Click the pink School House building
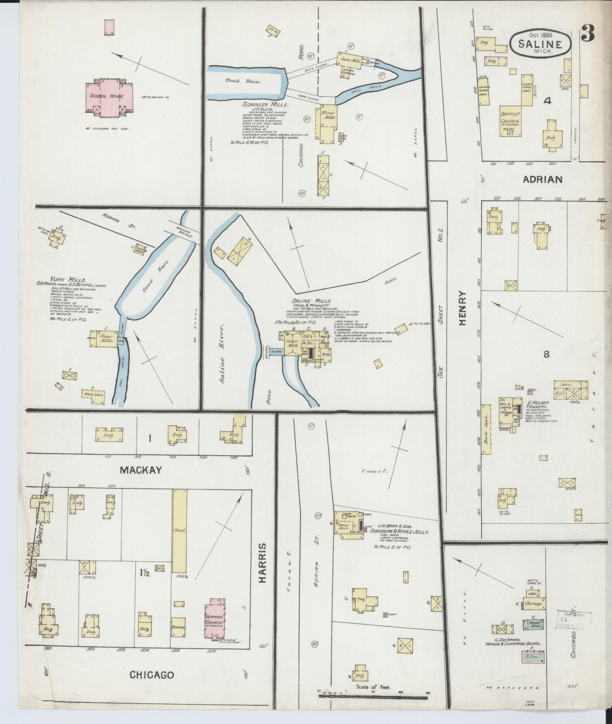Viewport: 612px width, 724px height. pos(107,96)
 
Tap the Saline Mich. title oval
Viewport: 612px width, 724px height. pos(541,44)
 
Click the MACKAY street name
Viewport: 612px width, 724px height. pos(141,470)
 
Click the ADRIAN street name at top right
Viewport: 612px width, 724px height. pos(542,180)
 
